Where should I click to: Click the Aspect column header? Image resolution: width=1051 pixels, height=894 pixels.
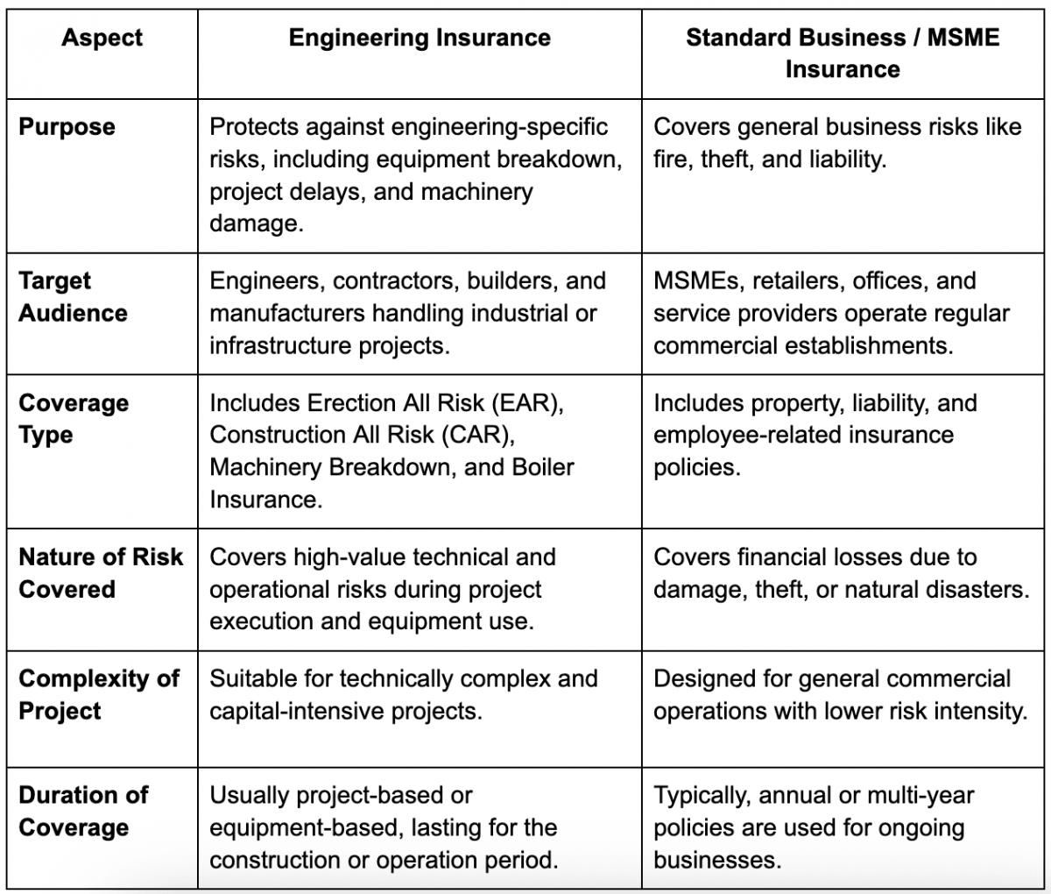point(102,39)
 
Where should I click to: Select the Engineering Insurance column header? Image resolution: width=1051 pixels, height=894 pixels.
point(420,39)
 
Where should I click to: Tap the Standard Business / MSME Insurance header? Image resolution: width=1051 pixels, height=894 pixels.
point(842,53)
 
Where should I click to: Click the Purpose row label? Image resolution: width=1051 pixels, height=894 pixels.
point(67,127)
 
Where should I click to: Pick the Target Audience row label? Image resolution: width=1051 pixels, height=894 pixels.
point(73,297)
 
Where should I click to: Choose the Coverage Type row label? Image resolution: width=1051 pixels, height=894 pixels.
point(74,419)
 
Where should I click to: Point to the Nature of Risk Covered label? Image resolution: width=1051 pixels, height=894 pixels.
point(101,573)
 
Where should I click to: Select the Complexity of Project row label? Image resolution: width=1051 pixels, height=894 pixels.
point(99,695)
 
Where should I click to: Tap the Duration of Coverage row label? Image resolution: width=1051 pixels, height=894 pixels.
point(83,811)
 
